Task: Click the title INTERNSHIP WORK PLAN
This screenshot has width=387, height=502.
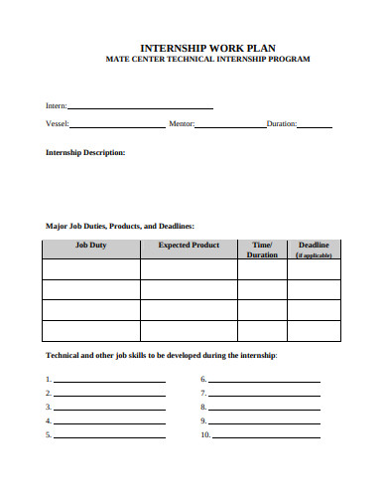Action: [x=207, y=47]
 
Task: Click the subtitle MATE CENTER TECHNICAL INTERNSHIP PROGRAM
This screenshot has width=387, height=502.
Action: [x=207, y=60]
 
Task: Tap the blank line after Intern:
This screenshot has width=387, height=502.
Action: [x=139, y=106]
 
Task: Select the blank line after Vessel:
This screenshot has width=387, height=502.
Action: [x=117, y=126]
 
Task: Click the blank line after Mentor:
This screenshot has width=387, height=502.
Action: [x=230, y=126]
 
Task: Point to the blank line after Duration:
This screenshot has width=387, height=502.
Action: [x=315, y=126]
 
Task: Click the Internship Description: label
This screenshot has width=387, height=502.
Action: [x=85, y=152]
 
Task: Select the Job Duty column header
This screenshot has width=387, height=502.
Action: [x=91, y=245]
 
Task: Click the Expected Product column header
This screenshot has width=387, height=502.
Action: [x=189, y=245]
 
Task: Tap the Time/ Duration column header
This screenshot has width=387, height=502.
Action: [x=262, y=249]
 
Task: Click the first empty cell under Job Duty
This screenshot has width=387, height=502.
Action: [x=91, y=269]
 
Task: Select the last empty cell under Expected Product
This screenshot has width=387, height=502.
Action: [x=189, y=331]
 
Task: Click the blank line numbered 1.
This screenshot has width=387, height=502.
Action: [x=109, y=382]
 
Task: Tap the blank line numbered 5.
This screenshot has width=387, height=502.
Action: [x=109, y=436]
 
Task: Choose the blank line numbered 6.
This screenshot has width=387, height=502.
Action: [x=265, y=382]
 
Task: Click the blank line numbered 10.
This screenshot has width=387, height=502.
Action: [x=265, y=436]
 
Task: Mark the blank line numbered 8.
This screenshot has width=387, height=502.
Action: [x=265, y=409]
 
